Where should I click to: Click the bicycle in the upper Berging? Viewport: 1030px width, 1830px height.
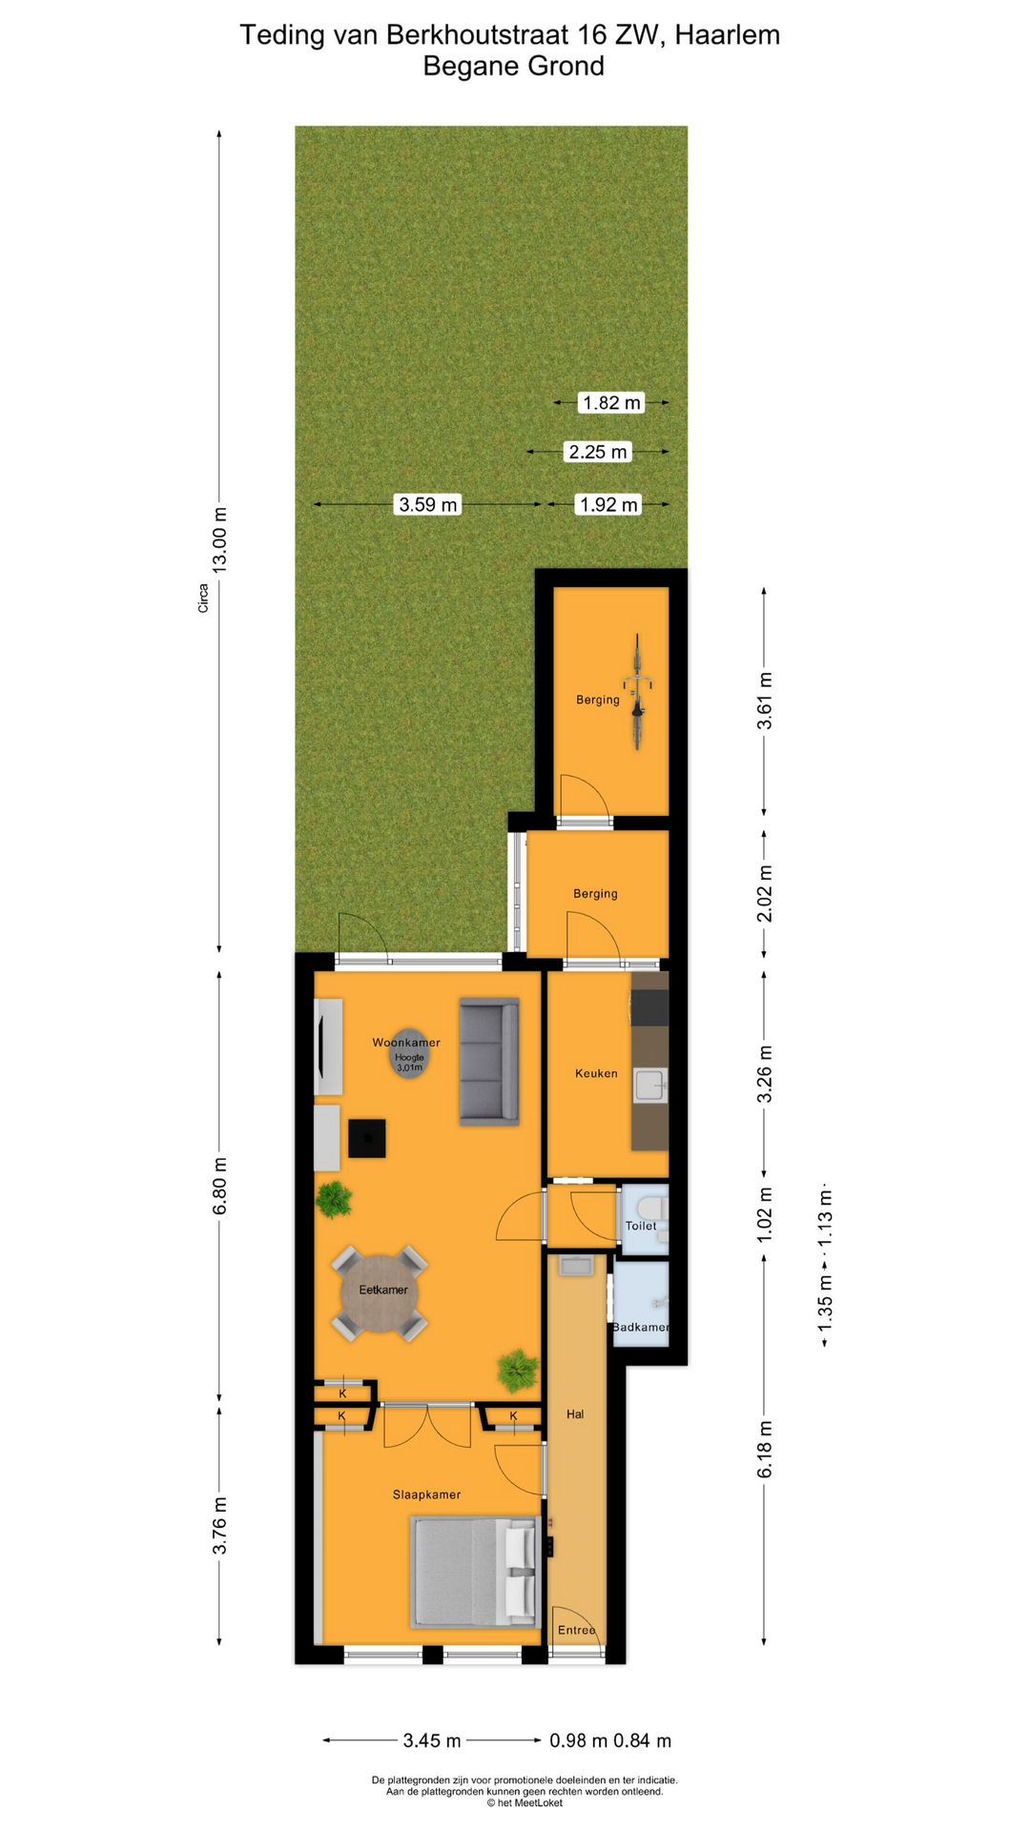pyautogui.click(x=637, y=693)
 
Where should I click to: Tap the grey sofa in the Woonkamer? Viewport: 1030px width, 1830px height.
pyautogui.click(x=489, y=1061)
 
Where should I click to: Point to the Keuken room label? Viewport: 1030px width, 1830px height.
pyautogui.click(x=596, y=1073)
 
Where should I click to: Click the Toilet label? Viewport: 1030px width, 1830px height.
pyautogui.click(x=641, y=1226)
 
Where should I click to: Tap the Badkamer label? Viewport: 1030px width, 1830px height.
pyautogui.click(x=641, y=1327)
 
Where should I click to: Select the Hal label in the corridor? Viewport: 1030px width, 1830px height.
pyautogui.click(x=575, y=1414)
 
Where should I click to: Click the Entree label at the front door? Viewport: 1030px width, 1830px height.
pyautogui.click(x=577, y=1630)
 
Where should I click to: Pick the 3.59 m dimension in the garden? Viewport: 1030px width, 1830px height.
pyautogui.click(x=428, y=504)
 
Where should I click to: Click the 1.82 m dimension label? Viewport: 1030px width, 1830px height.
pyautogui.click(x=611, y=402)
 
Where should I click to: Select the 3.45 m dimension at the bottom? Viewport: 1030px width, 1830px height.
pyautogui.click(x=431, y=1740)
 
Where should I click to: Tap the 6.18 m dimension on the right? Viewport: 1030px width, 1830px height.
pyautogui.click(x=764, y=1450)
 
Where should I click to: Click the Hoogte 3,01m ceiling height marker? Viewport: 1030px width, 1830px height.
pyautogui.click(x=409, y=1059)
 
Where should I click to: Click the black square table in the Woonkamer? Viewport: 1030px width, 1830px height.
pyautogui.click(x=367, y=1138)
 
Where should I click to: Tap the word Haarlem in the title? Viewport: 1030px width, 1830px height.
pyautogui.click(x=728, y=35)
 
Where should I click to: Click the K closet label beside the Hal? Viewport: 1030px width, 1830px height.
pyautogui.click(x=513, y=1416)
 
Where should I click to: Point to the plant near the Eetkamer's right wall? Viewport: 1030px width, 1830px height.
pyautogui.click(x=517, y=1371)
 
